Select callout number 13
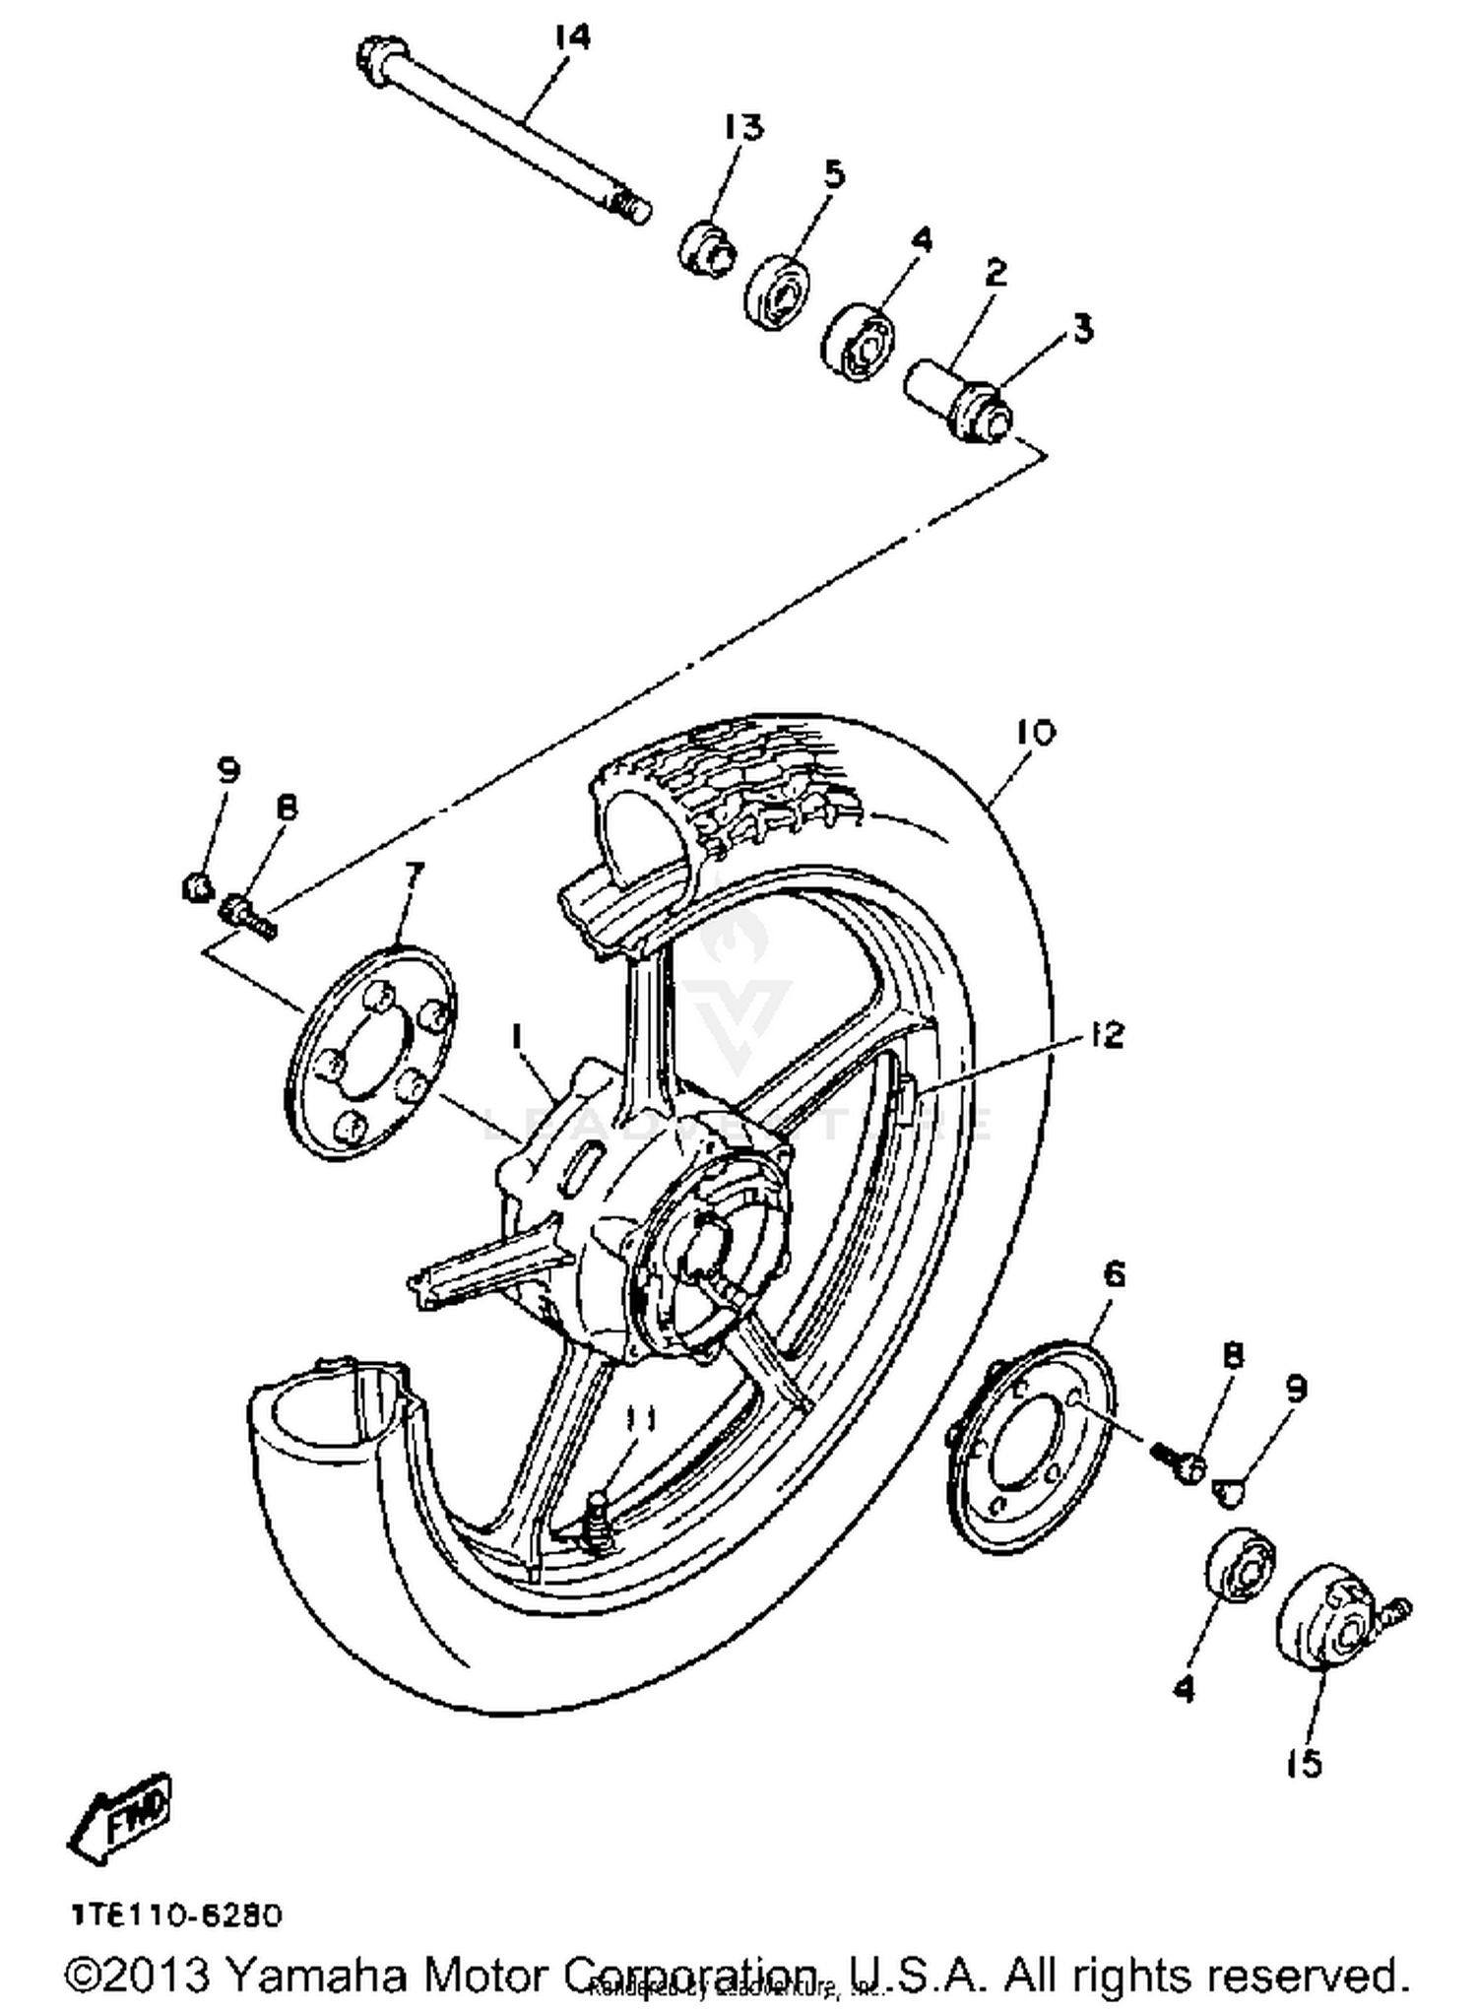pos(743,128)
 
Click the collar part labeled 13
pos(706,247)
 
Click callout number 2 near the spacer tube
pos(996,273)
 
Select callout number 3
pos(1082,328)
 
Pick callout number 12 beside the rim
pos(1107,1035)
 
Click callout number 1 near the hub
pos(515,1035)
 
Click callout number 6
pos(1113,1274)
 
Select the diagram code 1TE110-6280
pos(176,1915)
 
